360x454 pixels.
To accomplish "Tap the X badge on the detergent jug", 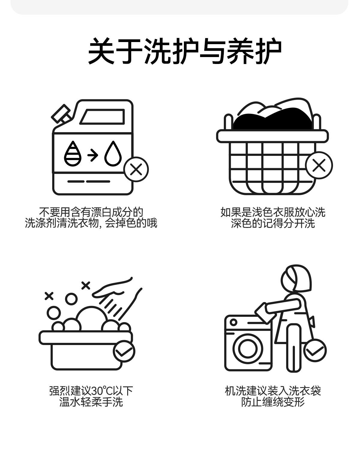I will [x=136, y=169].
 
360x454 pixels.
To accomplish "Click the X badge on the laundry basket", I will [x=319, y=165].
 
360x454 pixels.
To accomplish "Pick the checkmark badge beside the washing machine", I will [x=315, y=350].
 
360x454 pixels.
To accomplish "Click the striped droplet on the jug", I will [x=73, y=154].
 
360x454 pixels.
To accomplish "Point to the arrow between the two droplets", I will [x=93, y=155].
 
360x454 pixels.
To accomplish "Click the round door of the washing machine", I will [x=248, y=348].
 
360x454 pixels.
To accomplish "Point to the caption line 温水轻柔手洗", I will [x=91, y=402].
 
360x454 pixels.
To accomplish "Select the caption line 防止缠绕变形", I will [x=273, y=402].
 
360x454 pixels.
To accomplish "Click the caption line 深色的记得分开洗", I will [x=273, y=223].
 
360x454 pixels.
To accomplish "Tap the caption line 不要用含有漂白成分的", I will [x=91, y=212].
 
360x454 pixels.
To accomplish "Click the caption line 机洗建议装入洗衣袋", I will [x=273, y=391].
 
